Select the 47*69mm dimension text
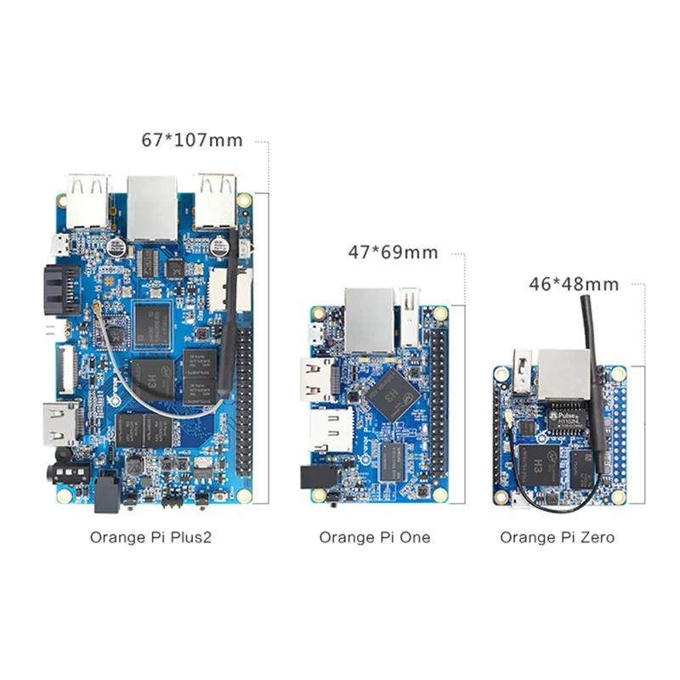393,252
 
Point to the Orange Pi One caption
375,537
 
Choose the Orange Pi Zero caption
557,537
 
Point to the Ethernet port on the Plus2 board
152,206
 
